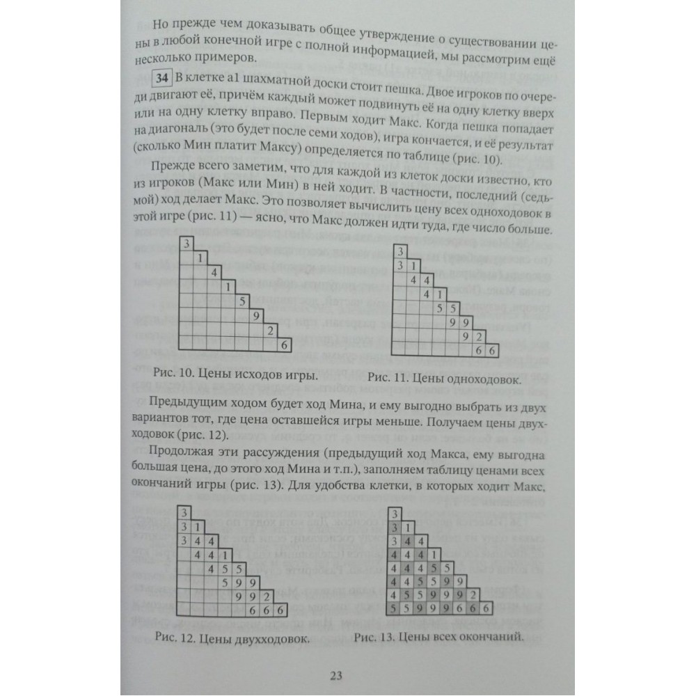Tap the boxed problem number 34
[161, 77]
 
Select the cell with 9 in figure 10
[257, 315]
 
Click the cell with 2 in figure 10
[269, 329]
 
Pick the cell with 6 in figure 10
[283, 343]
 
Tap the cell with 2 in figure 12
[267, 596]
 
